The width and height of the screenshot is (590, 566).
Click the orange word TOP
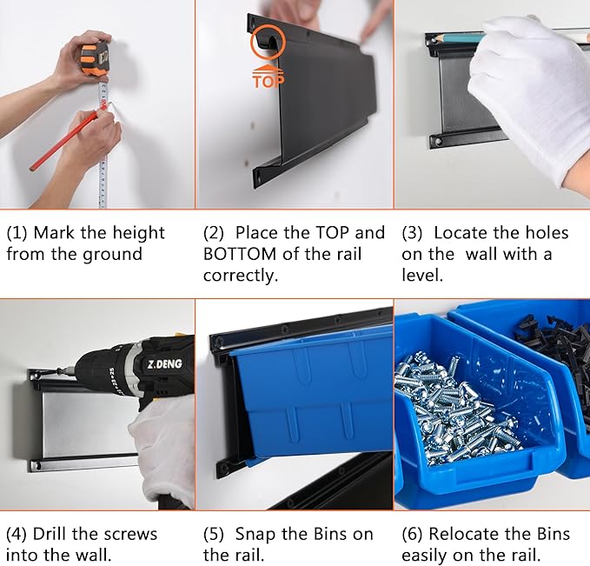(x=268, y=81)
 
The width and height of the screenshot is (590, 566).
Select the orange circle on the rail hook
(x=268, y=42)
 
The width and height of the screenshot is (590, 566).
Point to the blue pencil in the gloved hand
(x=460, y=37)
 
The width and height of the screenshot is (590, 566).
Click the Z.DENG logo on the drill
(x=164, y=364)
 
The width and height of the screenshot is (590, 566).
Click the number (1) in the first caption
(x=17, y=233)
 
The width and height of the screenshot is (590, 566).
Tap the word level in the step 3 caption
(x=422, y=275)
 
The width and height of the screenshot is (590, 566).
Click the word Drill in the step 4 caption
(x=50, y=534)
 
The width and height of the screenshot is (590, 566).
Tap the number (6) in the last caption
(x=412, y=534)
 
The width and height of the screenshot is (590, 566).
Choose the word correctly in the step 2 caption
(x=240, y=276)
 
